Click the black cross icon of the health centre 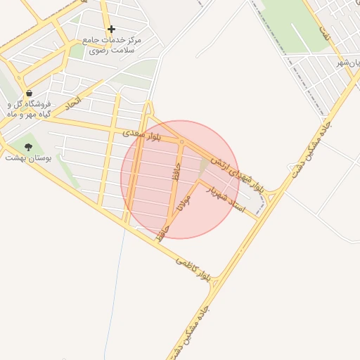[x=111, y=29]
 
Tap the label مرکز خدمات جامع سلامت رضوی [x=112, y=46]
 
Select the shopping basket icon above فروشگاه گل [x=29, y=93]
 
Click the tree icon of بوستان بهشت [x=28, y=147]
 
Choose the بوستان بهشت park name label [x=25, y=158]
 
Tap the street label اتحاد [x=73, y=103]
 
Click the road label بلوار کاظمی [x=193, y=269]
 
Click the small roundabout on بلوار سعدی [x=181, y=143]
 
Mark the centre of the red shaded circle [x=180, y=179]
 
